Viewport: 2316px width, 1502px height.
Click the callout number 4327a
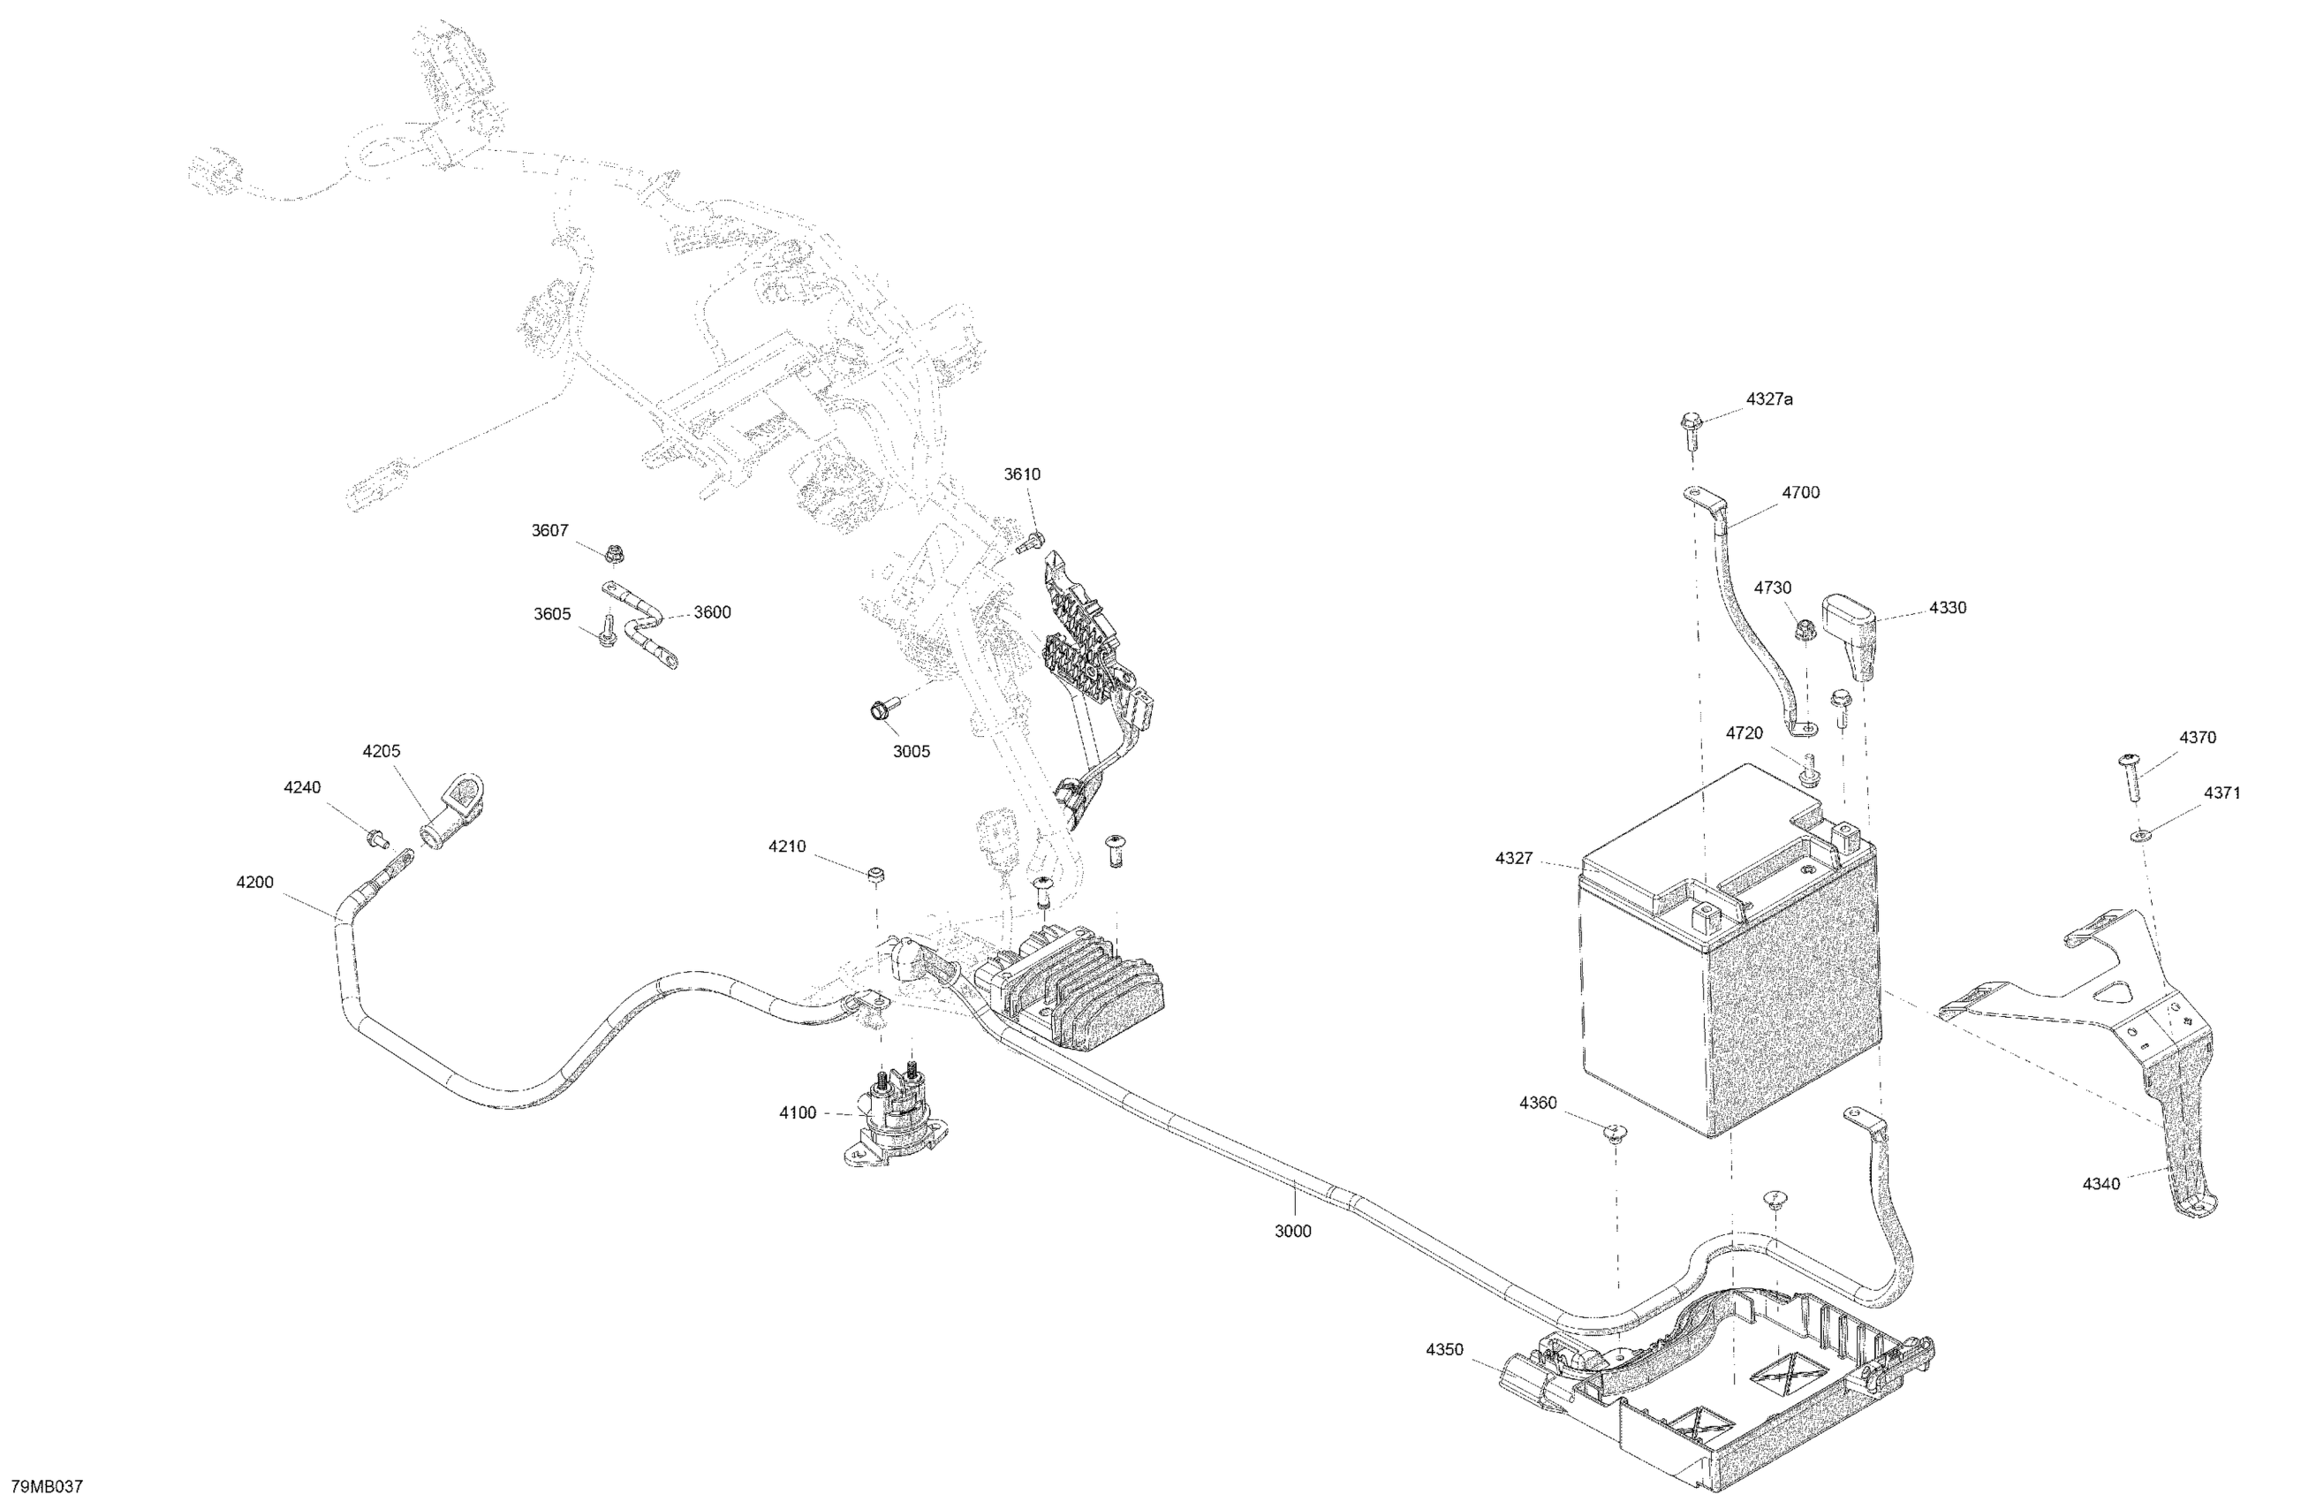pyautogui.click(x=1769, y=399)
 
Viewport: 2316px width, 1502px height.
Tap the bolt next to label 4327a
pyautogui.click(x=1690, y=429)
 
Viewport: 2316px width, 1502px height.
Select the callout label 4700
pyautogui.click(x=1800, y=492)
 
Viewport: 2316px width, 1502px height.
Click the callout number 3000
pyautogui.click(x=1292, y=1232)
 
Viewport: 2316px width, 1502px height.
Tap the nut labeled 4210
pyautogui.click(x=874, y=875)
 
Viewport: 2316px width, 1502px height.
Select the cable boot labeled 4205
pyautogui.click(x=452, y=810)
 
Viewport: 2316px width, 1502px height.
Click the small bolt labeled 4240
pyautogui.click(x=375, y=838)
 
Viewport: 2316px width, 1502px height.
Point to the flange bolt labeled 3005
pyautogui.click(x=879, y=709)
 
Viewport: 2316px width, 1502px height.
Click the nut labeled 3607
pyautogui.click(x=613, y=556)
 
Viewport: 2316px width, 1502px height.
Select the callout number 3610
pyautogui.click(x=1022, y=474)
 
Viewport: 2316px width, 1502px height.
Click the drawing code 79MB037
pyautogui.click(x=47, y=1486)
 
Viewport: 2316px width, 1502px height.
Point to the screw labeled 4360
pyautogui.click(x=1616, y=1131)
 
